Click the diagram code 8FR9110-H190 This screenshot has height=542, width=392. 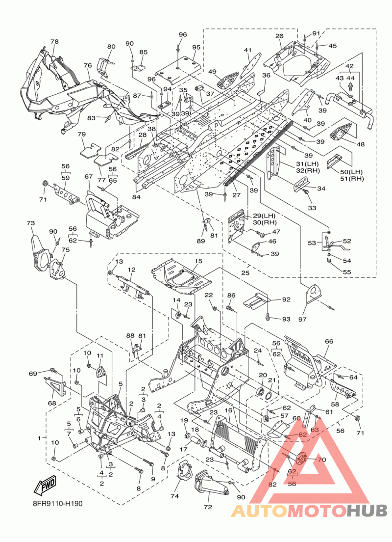click(55, 503)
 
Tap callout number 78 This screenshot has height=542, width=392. click(54, 41)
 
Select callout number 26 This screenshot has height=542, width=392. click(279, 36)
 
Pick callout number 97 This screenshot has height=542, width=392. click(302, 320)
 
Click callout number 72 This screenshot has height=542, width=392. click(208, 507)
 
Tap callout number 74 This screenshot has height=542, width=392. click(174, 496)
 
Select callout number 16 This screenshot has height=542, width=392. click(228, 410)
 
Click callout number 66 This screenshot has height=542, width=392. click(329, 342)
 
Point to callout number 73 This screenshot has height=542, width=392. click(31, 223)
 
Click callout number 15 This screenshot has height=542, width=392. click(198, 261)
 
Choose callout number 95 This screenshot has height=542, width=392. click(196, 47)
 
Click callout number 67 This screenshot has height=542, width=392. click(89, 177)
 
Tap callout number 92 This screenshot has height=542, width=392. click(287, 299)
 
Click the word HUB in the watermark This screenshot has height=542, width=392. click(367, 510)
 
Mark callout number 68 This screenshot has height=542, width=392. click(52, 403)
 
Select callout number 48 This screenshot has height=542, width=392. click(360, 144)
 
